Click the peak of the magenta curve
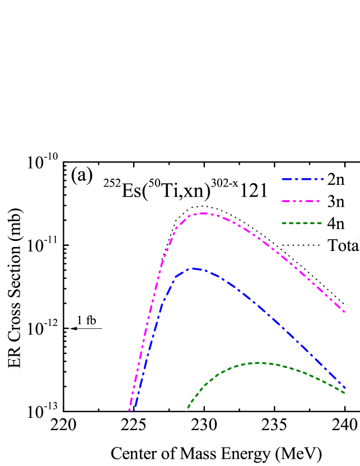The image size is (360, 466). [203, 213]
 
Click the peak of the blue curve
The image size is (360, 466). [194, 269]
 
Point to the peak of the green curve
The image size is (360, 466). [259, 363]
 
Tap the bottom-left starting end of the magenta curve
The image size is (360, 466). [130, 409]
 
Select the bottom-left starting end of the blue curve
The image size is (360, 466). [135, 409]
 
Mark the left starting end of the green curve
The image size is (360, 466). [187, 411]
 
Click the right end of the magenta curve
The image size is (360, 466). [344, 311]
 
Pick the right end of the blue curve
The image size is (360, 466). [345, 388]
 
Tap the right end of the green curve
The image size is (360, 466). [344, 393]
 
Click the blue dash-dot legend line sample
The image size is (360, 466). [302, 179]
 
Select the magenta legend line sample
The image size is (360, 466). [301, 201]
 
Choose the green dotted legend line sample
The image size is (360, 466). [302, 223]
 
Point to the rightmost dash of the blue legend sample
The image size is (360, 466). [323, 179]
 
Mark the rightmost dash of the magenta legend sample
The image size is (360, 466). [318, 201]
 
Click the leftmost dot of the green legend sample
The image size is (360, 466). [284, 223]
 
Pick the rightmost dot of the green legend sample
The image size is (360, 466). [320, 223]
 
